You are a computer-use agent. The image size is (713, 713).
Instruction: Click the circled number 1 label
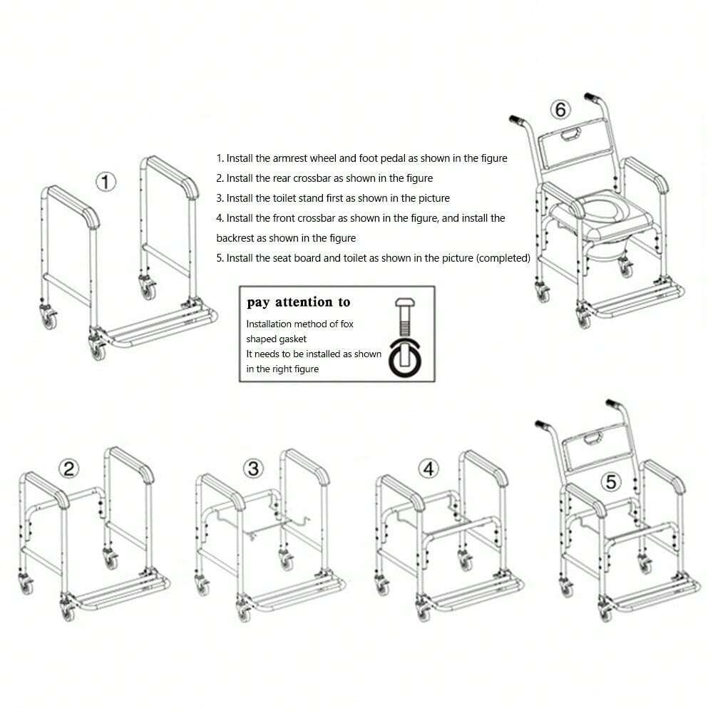tap(106, 183)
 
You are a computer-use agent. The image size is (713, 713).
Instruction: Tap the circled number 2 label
tap(68, 468)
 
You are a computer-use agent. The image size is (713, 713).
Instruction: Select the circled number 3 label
tap(254, 468)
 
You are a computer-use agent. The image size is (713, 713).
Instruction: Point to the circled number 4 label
tap(427, 468)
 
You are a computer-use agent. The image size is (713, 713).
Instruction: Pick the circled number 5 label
tap(610, 481)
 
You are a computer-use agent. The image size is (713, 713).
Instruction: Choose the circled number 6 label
tap(560, 110)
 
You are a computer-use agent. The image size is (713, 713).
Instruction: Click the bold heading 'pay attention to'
tap(299, 302)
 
